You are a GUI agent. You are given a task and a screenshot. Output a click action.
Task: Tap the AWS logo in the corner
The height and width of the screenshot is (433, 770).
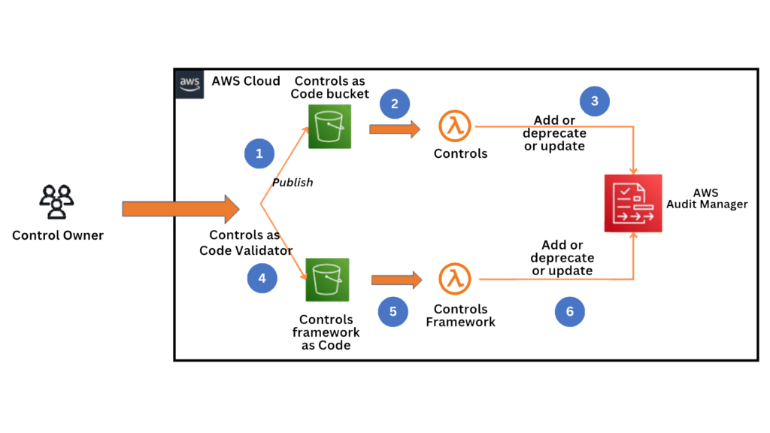(188, 83)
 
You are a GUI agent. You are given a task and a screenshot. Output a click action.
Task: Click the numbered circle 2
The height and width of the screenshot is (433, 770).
(395, 104)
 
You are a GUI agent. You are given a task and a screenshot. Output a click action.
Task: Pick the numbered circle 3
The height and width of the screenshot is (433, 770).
(594, 101)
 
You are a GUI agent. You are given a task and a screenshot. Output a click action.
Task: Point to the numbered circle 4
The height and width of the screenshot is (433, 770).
(262, 277)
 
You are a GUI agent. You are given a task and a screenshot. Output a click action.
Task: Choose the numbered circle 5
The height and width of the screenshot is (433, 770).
(393, 311)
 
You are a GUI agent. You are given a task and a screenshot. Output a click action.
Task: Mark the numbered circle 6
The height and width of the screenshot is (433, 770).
(569, 311)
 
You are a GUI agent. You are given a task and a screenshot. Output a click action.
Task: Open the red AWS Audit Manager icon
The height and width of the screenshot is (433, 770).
(632, 203)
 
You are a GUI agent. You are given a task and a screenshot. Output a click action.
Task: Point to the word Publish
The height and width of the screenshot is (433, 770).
(293, 183)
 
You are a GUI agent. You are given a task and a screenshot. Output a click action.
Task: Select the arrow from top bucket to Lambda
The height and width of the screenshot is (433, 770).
(394, 129)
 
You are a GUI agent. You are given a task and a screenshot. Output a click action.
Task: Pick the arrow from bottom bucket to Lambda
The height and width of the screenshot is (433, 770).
(396, 280)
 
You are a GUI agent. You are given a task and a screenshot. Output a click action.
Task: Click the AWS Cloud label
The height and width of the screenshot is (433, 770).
(246, 81)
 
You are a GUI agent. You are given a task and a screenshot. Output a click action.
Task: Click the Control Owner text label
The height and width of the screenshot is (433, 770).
(58, 236)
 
